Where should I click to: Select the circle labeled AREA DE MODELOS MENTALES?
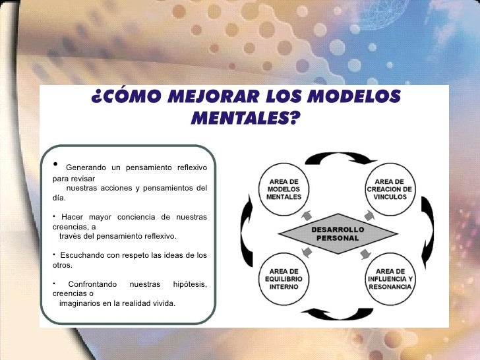[284, 189]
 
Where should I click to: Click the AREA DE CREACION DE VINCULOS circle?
[390, 189]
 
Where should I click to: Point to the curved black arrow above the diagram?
[337, 158]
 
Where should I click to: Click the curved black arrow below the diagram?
[337, 313]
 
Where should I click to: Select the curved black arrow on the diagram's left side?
[247, 235]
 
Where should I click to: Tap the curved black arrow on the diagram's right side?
[427, 235]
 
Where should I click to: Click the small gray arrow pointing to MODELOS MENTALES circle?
[307, 214]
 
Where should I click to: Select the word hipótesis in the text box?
[189, 284]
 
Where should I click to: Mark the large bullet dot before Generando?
[56, 164]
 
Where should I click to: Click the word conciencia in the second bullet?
[137, 217]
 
